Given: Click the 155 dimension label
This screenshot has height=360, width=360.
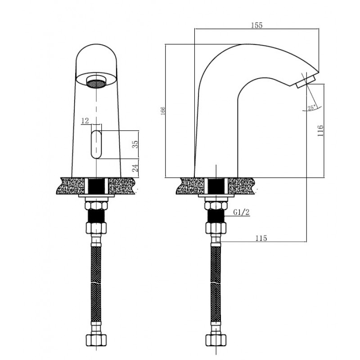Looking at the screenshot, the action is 256,25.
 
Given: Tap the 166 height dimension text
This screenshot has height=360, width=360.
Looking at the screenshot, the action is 163,111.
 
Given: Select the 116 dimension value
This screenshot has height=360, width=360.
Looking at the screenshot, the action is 320,130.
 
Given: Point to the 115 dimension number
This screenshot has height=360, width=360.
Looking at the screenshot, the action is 261,238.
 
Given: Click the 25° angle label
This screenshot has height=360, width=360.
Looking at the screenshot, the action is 312,108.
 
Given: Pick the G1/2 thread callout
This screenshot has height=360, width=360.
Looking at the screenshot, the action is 241,212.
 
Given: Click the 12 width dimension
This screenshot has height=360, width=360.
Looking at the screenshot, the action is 85,121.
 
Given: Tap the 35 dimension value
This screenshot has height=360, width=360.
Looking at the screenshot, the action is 135,144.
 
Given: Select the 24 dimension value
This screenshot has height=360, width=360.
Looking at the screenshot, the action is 135,168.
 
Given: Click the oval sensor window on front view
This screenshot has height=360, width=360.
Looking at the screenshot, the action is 96,144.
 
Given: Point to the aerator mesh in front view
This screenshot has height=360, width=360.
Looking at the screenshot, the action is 96,83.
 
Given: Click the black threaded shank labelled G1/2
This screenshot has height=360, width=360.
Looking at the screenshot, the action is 216,216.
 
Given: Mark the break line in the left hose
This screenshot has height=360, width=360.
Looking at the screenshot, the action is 96,282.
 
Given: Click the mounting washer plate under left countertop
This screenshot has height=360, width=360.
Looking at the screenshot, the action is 96,196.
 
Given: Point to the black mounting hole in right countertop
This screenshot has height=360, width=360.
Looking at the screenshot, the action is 216,185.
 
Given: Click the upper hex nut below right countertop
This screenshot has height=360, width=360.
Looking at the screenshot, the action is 216,205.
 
